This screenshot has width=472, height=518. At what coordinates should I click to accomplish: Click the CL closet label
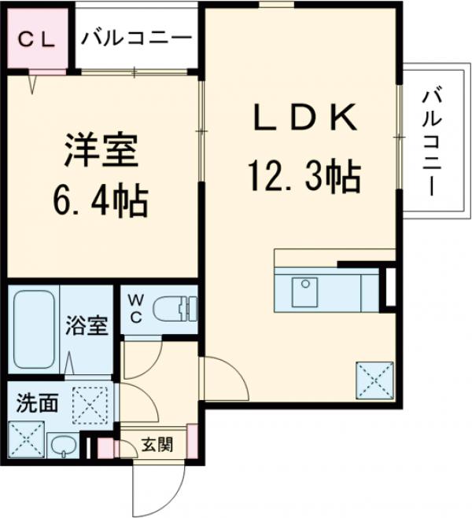(x=37, y=39)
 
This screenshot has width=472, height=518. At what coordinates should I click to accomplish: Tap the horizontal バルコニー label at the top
(x=136, y=39)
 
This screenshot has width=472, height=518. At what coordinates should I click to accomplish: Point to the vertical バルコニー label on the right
(x=430, y=141)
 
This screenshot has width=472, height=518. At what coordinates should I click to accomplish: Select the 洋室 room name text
(x=101, y=151)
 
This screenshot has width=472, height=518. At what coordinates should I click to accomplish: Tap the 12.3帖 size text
(x=304, y=176)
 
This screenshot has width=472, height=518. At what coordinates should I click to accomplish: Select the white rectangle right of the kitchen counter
(x=389, y=288)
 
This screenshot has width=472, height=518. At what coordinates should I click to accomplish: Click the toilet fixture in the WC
(x=172, y=309)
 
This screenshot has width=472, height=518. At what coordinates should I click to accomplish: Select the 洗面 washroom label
(x=36, y=403)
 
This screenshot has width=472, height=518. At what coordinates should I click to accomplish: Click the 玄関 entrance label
(x=157, y=446)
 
